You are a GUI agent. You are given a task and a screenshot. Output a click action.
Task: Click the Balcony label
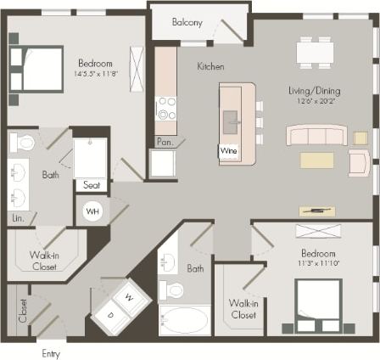coord(187,22)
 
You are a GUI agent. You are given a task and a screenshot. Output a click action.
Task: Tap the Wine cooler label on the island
coord(229,151)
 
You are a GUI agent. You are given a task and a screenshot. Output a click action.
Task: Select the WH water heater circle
coord(92,211)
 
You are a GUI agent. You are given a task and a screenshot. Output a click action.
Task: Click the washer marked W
coord(129,297)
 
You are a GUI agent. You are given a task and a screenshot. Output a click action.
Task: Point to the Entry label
coord(50,352)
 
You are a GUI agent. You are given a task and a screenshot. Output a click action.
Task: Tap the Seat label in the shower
coord(90,184)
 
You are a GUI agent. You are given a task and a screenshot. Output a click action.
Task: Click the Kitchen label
coord(210,66)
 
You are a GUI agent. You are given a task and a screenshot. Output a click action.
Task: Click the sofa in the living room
coord(316,136)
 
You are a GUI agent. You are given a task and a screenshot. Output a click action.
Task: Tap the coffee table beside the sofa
coord(317,160)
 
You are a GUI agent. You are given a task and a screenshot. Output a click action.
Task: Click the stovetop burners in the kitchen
coord(165,110)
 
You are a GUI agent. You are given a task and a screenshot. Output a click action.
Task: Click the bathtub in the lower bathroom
coord(183,320)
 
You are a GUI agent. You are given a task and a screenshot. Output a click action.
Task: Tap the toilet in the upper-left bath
coord(25,142)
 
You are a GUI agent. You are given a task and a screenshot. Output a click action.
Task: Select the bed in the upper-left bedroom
coord(36,68)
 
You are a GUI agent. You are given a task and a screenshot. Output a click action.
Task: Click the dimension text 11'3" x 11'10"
coord(319,263)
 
